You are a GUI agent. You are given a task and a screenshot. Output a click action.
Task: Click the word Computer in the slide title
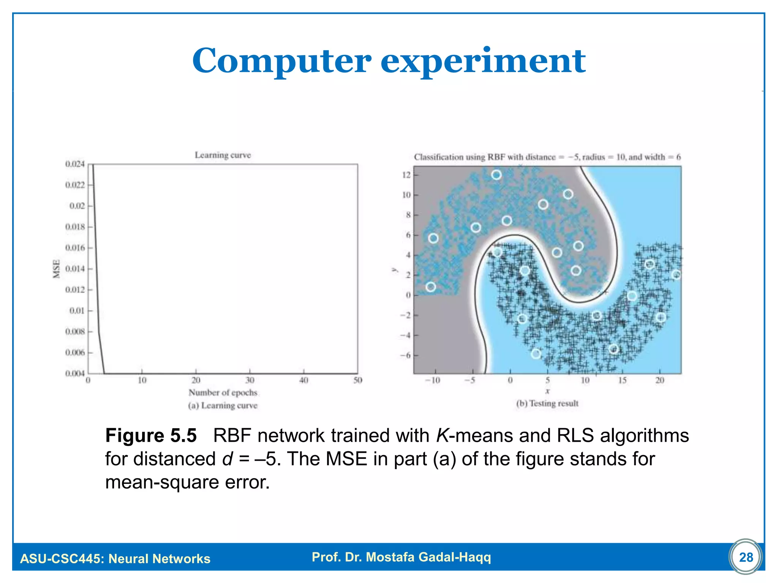click(281, 61)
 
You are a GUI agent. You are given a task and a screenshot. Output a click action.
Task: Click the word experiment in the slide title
click(483, 61)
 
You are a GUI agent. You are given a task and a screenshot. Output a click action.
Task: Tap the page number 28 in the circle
click(746, 557)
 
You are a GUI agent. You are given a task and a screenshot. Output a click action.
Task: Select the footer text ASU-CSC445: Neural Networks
click(115, 559)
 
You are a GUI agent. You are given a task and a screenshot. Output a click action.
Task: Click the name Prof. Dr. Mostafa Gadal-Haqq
click(401, 557)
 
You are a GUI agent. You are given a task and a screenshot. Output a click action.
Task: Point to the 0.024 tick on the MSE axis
click(75, 164)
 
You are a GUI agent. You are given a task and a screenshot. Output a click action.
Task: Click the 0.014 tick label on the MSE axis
click(75, 269)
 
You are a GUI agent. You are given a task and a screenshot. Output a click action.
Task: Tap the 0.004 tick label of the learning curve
click(75, 373)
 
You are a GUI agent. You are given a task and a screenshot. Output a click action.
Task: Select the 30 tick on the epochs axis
click(250, 380)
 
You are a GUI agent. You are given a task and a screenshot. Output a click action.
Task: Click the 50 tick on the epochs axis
click(357, 380)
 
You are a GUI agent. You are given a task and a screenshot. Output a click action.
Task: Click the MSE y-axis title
click(57, 269)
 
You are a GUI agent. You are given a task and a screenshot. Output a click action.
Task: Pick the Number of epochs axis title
click(223, 392)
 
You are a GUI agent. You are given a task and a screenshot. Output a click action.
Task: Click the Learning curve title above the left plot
click(223, 155)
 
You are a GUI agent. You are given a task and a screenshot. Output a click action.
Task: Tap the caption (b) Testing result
click(547, 403)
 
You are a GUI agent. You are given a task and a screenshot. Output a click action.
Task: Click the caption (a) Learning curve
click(223, 405)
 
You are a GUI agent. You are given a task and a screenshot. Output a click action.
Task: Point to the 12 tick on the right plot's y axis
click(406, 175)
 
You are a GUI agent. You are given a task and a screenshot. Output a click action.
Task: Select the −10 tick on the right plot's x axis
click(432, 380)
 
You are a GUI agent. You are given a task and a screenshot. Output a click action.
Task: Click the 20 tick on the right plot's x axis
click(660, 380)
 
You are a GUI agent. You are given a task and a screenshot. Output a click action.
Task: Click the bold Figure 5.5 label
click(151, 435)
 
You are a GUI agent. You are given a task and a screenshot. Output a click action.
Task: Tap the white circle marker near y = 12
click(496, 175)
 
